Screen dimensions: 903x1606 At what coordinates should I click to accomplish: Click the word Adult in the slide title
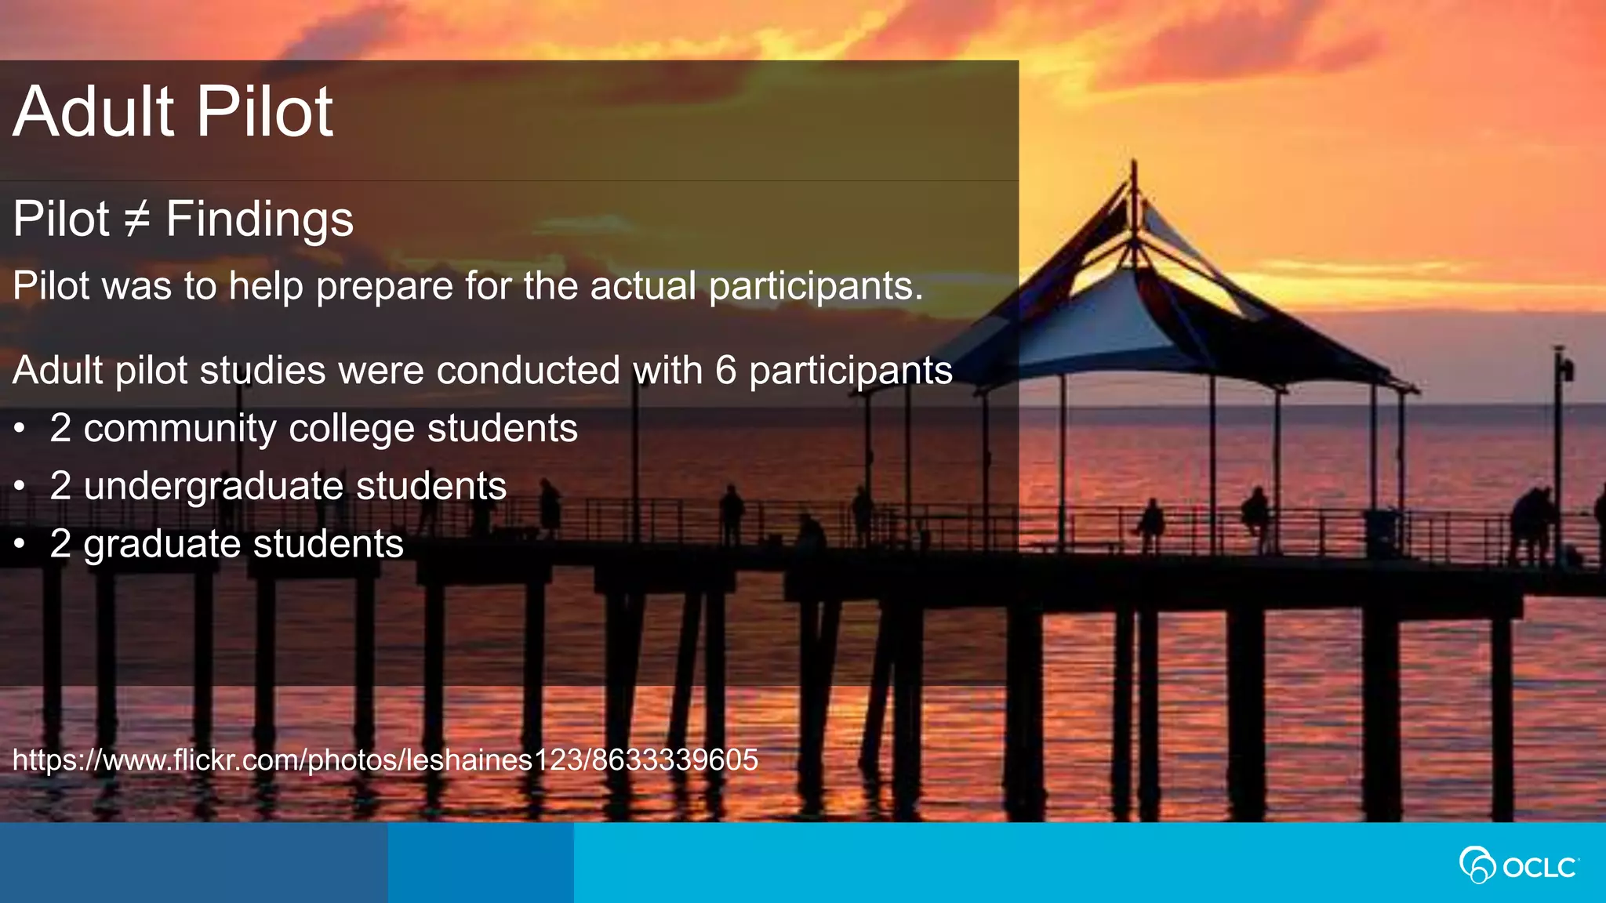click(93, 112)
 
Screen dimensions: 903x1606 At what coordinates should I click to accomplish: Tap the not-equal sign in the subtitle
click(137, 219)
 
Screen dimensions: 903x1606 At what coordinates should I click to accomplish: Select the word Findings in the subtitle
click(260, 219)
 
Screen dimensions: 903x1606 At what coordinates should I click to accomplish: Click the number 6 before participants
click(726, 370)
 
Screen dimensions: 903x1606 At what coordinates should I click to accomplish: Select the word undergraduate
click(213, 487)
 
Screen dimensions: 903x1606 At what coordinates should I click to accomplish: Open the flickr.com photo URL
click(385, 760)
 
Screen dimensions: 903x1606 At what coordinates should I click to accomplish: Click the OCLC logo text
click(1539, 868)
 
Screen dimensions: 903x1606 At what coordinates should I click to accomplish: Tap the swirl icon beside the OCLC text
click(1477, 865)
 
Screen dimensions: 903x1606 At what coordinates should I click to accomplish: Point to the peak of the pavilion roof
click(1134, 169)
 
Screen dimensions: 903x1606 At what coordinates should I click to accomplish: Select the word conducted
click(529, 370)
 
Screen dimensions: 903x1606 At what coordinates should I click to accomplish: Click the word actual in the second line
click(643, 285)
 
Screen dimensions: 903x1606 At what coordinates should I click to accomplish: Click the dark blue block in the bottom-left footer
click(193, 862)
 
